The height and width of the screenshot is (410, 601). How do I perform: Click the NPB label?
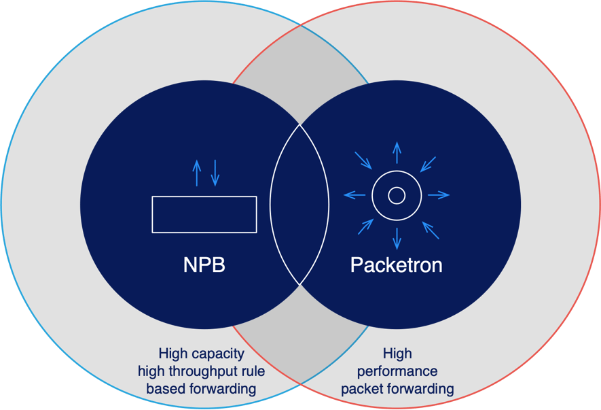[204, 264]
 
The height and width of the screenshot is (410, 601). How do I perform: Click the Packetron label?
[396, 264]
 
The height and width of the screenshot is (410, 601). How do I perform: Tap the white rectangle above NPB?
[204, 214]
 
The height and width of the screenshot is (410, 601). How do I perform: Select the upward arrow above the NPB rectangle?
[197, 173]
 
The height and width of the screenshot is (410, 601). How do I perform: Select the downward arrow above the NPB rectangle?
[215, 173]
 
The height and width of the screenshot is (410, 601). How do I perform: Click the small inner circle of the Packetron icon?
[397, 196]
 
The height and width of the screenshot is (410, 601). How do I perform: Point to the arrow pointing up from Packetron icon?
[397, 152]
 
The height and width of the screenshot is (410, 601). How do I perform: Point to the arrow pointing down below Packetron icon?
[397, 239]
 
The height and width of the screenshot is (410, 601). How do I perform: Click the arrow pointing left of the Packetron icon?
[354, 196]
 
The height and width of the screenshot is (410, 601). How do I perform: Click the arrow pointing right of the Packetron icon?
[439, 196]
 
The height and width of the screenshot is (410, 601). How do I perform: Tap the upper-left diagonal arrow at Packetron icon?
[363, 160]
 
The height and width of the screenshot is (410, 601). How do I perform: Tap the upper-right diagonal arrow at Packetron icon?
[429, 163]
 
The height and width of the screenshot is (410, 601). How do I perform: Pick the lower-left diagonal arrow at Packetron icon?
[365, 227]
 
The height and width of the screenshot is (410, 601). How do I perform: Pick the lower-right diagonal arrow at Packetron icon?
[431, 230]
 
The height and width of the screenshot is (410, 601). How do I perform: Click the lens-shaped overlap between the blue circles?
[299, 204]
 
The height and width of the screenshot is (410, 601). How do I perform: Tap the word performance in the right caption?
[397, 371]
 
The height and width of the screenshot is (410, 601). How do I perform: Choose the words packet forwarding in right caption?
[397, 389]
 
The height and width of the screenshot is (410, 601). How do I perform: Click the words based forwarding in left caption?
[201, 389]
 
